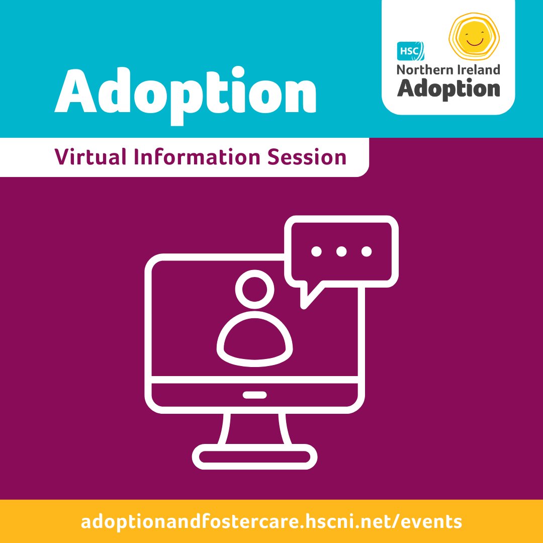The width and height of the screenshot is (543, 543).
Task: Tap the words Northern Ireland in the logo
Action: (448, 69)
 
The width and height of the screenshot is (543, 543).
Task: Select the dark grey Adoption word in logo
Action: (448, 88)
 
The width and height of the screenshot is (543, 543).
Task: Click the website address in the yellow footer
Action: (271, 521)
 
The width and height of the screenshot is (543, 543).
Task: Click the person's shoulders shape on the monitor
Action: (255, 342)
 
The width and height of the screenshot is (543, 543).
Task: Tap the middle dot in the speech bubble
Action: (341, 251)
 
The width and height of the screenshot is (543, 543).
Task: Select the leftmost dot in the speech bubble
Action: (316, 251)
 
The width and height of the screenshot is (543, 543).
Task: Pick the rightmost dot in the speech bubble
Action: (367, 251)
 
